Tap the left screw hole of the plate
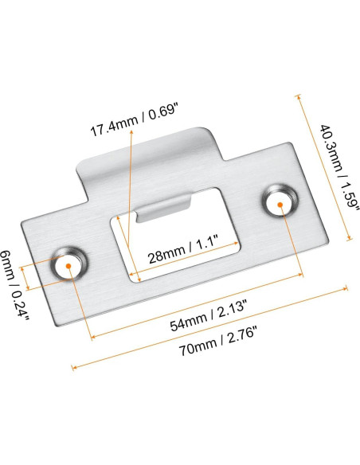68,265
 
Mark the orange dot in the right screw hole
280,203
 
